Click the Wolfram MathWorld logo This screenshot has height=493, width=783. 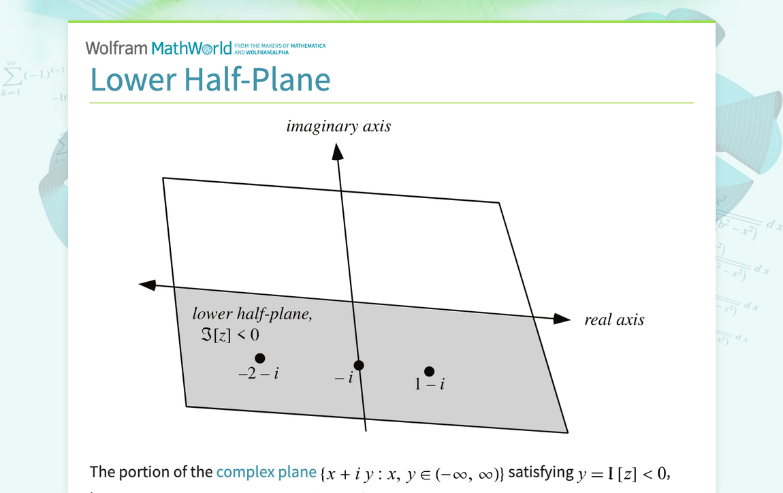[163, 48]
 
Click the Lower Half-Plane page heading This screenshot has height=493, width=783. [210, 79]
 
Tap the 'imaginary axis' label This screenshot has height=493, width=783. [338, 126]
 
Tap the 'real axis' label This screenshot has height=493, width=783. [614, 320]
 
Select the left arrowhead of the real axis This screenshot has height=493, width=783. [147, 284]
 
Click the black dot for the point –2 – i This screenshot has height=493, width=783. [259, 358]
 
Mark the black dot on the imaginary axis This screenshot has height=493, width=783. [359, 366]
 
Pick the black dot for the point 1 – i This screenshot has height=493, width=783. [429, 371]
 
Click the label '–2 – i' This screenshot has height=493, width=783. [258, 373]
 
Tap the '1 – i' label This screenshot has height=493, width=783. [430, 385]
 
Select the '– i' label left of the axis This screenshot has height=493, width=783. [343, 378]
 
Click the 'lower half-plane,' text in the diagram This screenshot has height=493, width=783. [252, 314]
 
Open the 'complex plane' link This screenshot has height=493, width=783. [266, 472]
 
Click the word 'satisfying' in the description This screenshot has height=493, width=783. [541, 472]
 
